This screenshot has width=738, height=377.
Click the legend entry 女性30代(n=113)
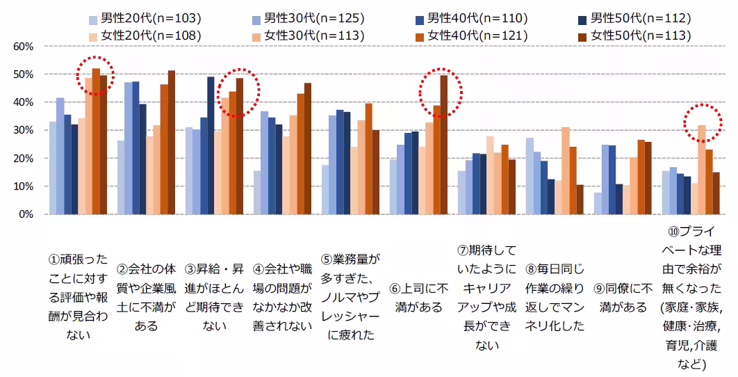(x=312, y=35)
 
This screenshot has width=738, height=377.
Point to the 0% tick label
(x=26, y=215)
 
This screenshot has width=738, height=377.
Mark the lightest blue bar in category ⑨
(x=598, y=203)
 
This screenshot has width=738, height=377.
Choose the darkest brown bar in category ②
(x=172, y=143)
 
